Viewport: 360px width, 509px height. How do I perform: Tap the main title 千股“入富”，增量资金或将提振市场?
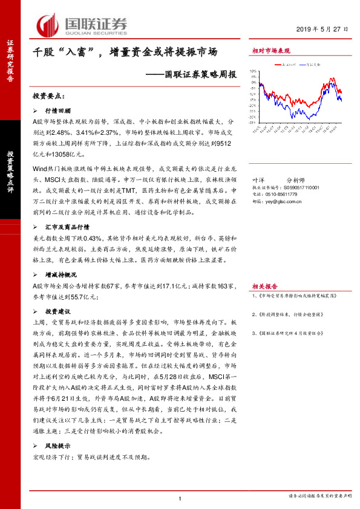(x=125, y=53)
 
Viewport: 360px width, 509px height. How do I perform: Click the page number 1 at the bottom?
(x=180, y=498)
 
